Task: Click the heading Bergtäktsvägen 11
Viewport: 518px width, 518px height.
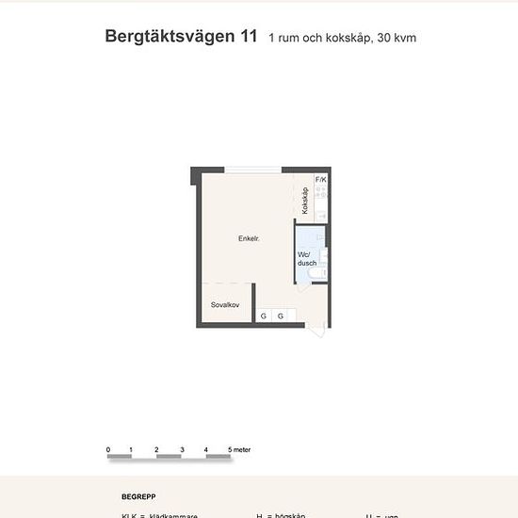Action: tap(183, 38)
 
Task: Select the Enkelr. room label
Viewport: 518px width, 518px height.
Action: tap(249, 239)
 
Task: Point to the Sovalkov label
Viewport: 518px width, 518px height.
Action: tap(225, 305)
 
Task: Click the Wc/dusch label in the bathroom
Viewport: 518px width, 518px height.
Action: tap(307, 259)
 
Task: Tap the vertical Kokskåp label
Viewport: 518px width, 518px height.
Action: tap(306, 201)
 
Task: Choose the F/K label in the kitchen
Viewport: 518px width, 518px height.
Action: tap(321, 180)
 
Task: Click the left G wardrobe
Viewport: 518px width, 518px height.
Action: tap(264, 316)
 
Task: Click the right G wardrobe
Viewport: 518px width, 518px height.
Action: tap(281, 316)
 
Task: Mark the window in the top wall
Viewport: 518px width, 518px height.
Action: tap(251, 170)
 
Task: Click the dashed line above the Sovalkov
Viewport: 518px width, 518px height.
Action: tap(225, 283)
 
